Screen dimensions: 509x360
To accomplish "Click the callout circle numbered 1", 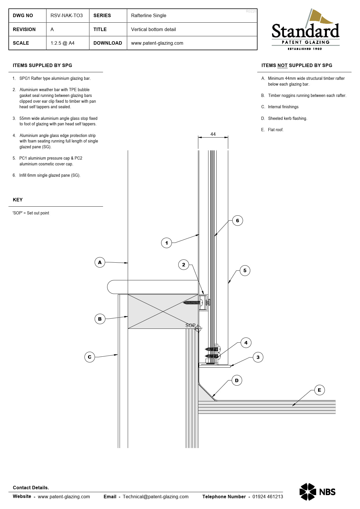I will [x=166, y=243].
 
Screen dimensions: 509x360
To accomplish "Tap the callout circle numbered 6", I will [x=237, y=221].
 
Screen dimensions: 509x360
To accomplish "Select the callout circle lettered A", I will [x=100, y=262].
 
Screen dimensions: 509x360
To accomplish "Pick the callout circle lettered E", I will [x=319, y=390].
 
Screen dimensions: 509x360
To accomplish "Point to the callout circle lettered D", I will [x=237, y=380].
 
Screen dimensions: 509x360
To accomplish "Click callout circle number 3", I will [x=258, y=357].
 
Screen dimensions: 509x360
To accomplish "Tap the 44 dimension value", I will [x=213, y=134].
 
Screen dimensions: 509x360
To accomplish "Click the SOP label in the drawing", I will [x=190, y=325].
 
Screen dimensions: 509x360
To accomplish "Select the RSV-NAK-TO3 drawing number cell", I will [x=66, y=15].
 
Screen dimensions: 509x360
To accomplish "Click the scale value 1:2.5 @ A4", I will [x=62, y=43].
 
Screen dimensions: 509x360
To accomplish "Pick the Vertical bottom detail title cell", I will [x=153, y=29].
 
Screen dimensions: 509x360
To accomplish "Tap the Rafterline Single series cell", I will [x=149, y=15].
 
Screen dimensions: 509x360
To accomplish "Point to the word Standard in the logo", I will [x=305, y=31].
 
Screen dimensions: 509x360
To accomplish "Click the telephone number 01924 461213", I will [x=267, y=497].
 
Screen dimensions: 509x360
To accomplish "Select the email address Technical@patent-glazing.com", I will [x=155, y=497].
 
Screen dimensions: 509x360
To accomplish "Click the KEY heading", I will [x=18, y=200].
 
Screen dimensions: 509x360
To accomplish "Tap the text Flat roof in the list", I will [x=276, y=130].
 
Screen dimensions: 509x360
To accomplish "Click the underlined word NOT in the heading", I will [x=282, y=65].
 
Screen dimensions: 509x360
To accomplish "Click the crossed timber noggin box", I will [x=163, y=311].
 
